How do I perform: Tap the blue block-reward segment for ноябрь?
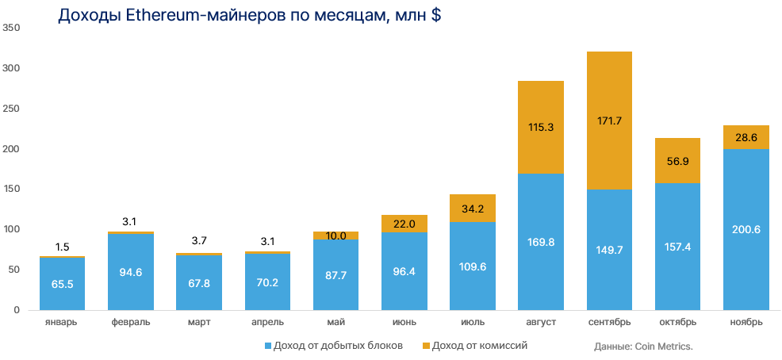(x=746, y=230)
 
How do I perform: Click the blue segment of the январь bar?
(x=63, y=284)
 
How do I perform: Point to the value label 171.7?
(x=609, y=121)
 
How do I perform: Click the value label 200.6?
(x=746, y=229)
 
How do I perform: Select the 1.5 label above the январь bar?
(x=63, y=247)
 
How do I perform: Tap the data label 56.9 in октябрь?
(x=677, y=162)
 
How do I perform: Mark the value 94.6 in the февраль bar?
(x=131, y=274)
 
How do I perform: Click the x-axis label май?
(x=335, y=323)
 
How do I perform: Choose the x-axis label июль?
(x=473, y=323)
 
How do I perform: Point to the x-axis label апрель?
(x=267, y=323)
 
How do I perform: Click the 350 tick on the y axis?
(x=11, y=28)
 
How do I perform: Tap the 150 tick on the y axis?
(x=11, y=189)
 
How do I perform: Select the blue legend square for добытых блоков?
(x=267, y=347)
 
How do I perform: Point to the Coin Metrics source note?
(x=643, y=347)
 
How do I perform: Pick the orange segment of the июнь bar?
(x=404, y=224)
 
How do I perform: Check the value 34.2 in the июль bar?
(x=473, y=209)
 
